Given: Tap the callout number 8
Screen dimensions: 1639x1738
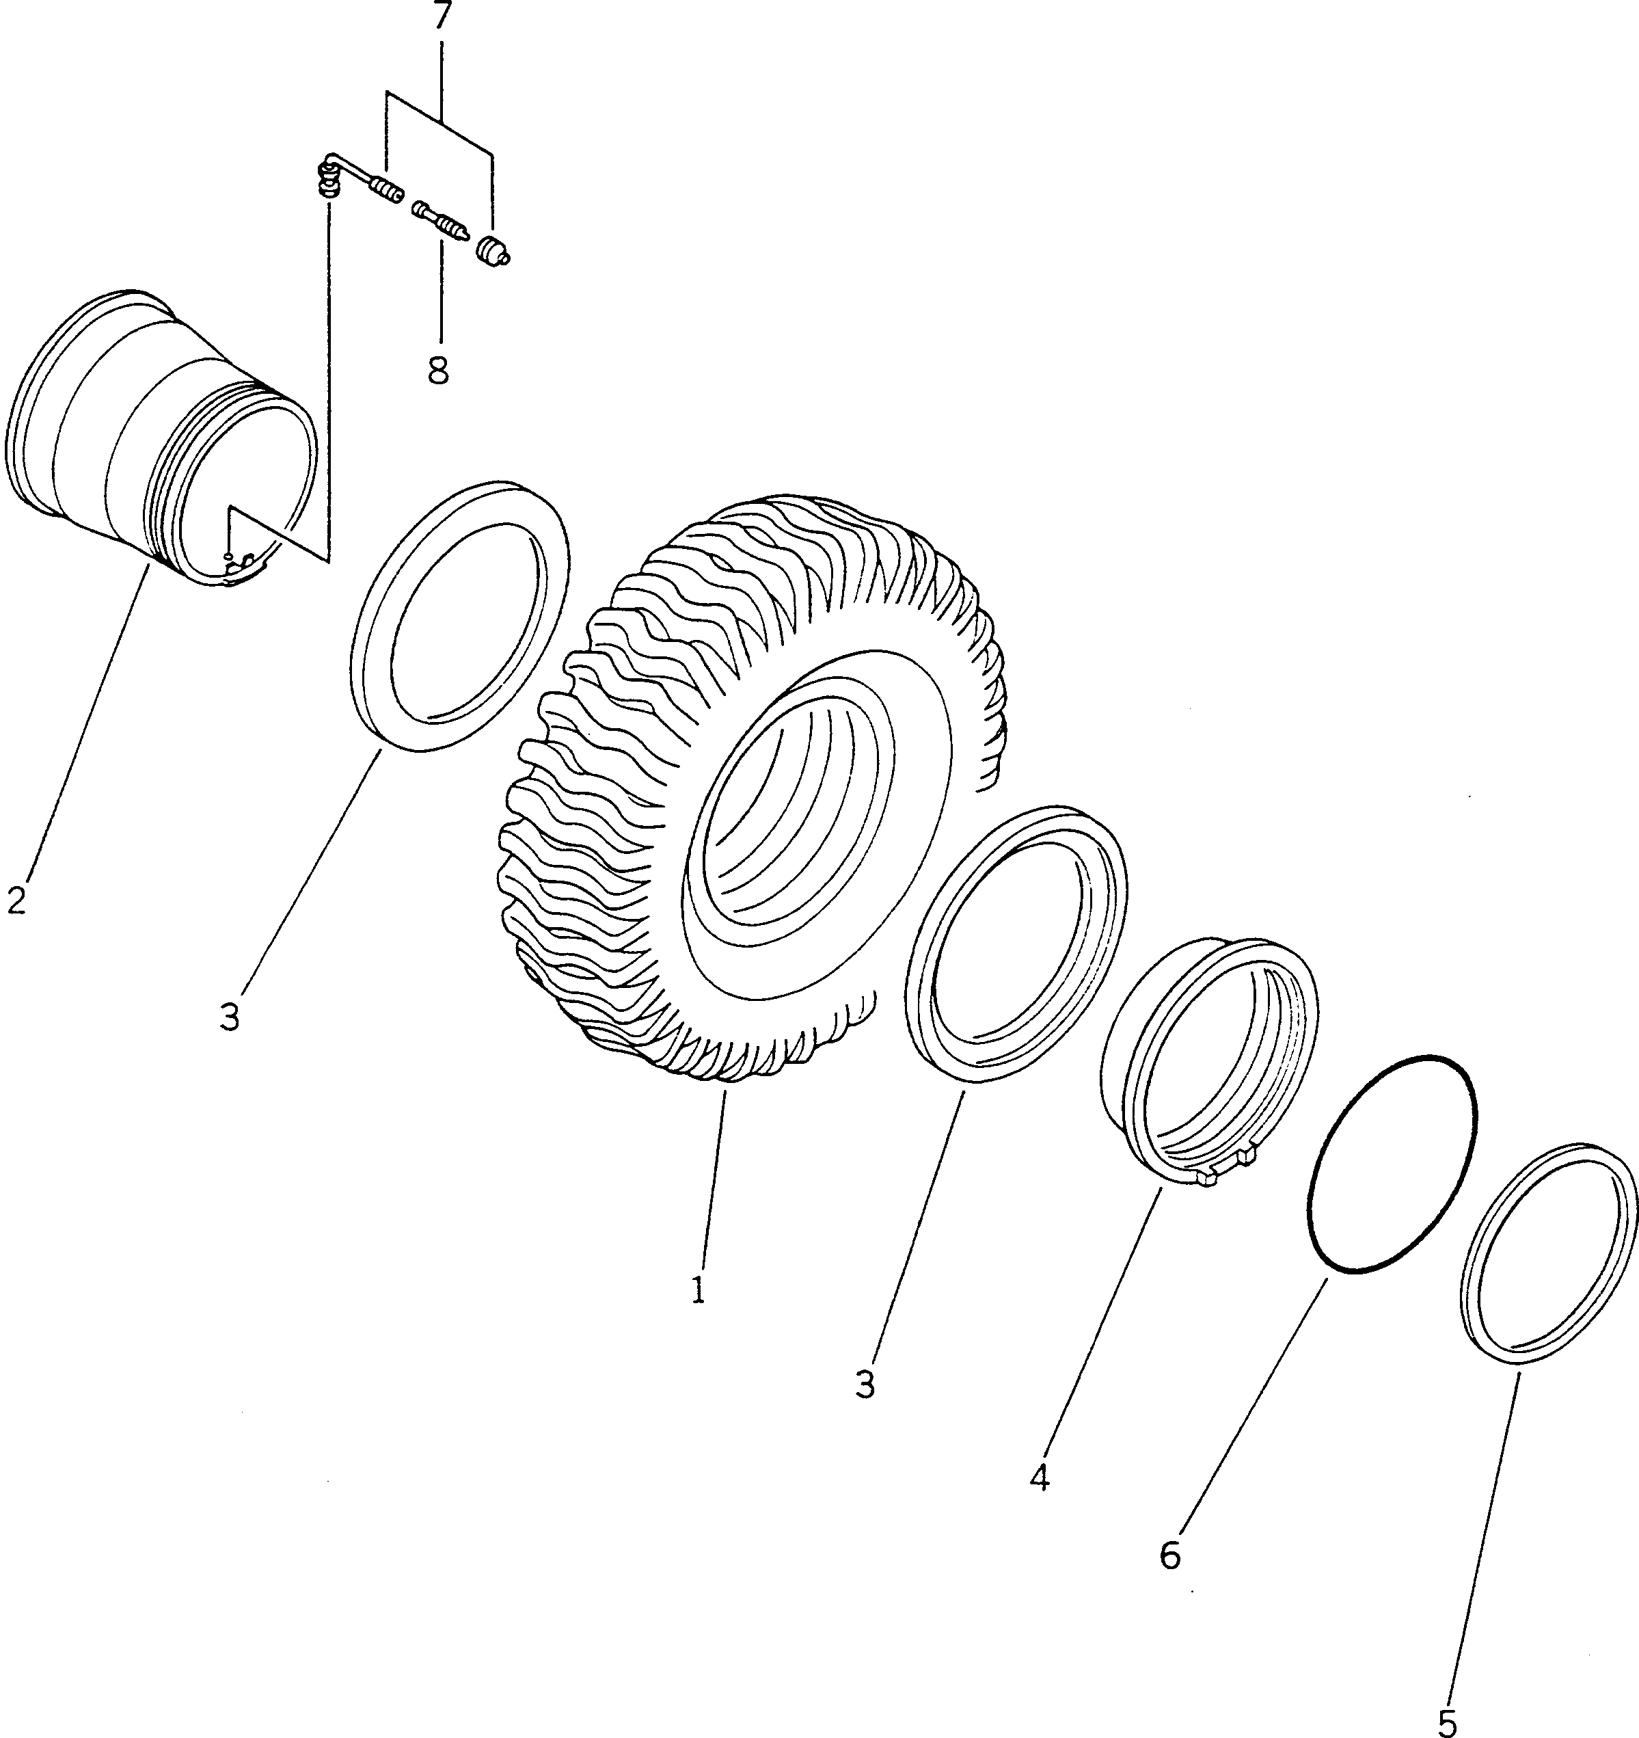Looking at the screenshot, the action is pos(439,371).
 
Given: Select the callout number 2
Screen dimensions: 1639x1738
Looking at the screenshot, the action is pos(16,900).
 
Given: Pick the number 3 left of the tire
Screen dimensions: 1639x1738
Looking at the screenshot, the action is pos(230,1017).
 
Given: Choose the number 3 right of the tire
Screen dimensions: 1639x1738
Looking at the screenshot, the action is pos(865,1385).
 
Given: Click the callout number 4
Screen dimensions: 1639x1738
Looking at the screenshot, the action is pos(1040,1478).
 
